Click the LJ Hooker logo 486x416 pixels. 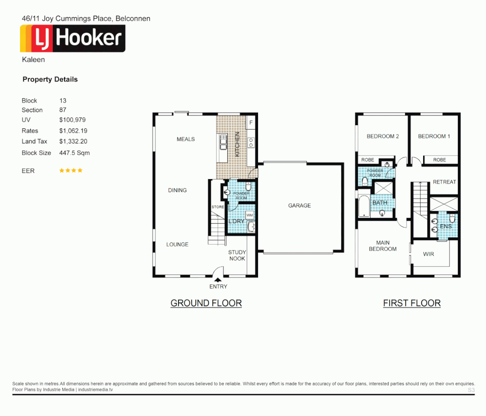tap(73, 38)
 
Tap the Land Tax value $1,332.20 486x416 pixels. tap(73, 141)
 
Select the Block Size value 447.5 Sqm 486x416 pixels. tap(74, 153)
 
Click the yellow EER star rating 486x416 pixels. tap(71, 170)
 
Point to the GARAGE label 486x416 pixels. tap(299, 206)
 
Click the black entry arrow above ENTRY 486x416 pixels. tap(218, 280)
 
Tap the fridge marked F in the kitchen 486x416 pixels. tap(251, 123)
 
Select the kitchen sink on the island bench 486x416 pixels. tap(223, 143)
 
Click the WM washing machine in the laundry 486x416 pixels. tap(250, 215)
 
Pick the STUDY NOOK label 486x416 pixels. tap(237, 255)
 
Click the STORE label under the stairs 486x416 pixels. tap(218, 207)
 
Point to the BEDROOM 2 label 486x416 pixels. tap(383, 136)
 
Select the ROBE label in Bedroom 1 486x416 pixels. tap(439, 160)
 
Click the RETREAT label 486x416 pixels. tap(444, 182)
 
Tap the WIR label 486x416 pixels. tap(429, 254)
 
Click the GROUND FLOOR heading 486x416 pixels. tap(206, 303)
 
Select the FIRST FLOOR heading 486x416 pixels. tap(412, 303)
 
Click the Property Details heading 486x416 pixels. tap(50, 79)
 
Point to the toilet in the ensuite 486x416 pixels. tap(452, 219)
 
